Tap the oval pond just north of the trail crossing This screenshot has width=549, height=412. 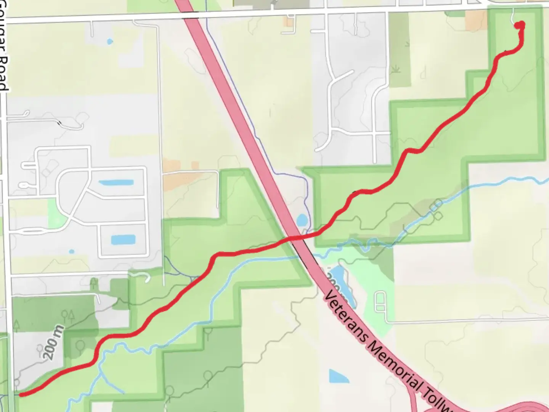302,220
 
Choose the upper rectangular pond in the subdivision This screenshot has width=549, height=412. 116,182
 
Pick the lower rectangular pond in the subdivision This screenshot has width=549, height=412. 123,240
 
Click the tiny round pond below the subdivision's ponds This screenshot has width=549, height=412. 72,252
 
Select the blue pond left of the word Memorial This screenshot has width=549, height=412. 339,376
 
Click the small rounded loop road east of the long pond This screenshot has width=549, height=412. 380,301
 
